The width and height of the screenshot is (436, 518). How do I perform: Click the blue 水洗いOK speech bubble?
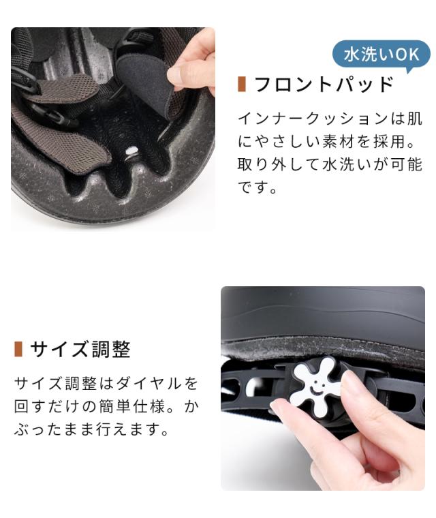point(381,55)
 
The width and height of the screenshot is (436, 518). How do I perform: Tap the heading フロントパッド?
point(324,85)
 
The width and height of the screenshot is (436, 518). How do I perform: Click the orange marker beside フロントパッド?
point(242,85)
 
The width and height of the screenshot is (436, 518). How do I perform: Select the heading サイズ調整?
point(80,349)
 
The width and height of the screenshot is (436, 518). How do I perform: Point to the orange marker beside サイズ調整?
point(18,349)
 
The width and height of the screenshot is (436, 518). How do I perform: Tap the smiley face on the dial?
point(315,386)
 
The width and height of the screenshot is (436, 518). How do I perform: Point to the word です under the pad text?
point(253,187)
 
